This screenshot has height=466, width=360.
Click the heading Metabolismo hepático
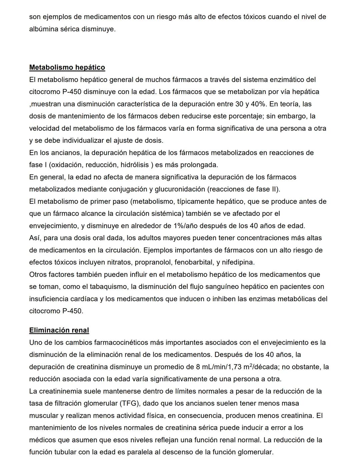(x=67, y=67)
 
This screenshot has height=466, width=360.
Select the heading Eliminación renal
(x=59, y=330)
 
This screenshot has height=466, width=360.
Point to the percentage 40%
(x=259, y=104)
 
